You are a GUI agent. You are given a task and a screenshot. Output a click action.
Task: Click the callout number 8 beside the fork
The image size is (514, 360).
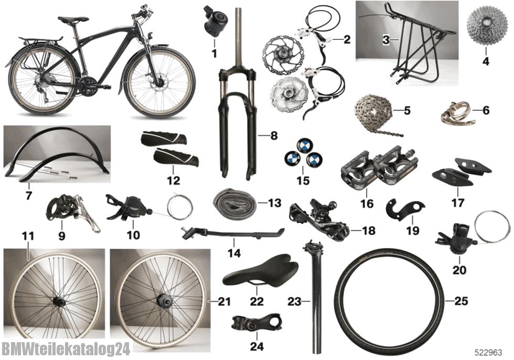tap(274, 135)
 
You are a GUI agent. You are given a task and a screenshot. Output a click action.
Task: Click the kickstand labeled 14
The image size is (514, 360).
tap(233, 233)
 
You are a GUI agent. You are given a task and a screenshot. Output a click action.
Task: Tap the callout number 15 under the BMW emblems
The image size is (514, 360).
tap(303, 181)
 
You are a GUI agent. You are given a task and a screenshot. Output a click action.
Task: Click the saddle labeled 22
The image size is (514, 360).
tap(261, 270)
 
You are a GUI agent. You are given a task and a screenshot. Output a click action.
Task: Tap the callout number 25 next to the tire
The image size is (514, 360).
tap(461, 301)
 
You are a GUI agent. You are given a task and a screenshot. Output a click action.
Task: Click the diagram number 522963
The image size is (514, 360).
tap(489, 353)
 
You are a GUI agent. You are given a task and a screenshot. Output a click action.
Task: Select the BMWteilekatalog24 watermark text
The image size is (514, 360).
tap(66, 349)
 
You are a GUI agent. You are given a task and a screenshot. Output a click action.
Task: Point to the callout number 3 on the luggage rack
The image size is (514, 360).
tap(386, 40)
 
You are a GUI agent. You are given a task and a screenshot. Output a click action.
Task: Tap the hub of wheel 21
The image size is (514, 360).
tap(160, 299)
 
